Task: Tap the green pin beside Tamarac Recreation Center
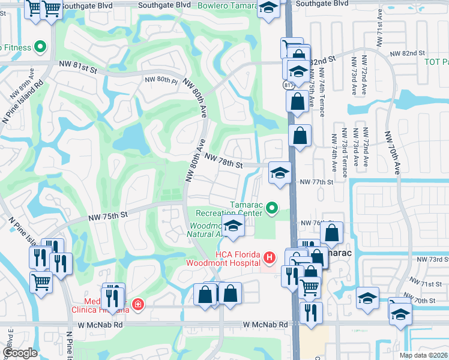click(273, 208)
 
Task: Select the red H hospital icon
click(270, 258)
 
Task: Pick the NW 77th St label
click(316, 182)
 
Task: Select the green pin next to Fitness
click(41, 46)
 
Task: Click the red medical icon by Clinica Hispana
click(139, 304)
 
